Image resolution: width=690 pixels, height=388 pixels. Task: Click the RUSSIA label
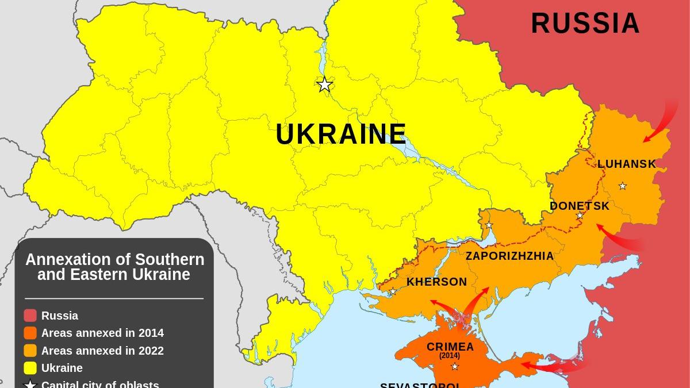point(585,24)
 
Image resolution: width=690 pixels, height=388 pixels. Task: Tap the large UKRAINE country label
point(341,135)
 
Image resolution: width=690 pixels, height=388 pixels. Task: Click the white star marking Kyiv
point(325,84)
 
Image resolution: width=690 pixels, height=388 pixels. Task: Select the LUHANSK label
point(626,164)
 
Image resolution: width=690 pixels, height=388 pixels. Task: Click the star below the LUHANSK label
point(622,186)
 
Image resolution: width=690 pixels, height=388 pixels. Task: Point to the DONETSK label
point(579,206)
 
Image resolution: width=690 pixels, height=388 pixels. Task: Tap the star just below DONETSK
point(580,216)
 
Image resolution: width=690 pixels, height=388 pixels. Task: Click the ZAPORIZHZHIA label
point(509,256)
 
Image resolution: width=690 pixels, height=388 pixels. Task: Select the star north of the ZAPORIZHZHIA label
point(489,225)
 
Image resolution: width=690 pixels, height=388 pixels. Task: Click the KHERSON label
point(436,282)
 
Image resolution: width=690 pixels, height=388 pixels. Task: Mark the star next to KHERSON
point(393,291)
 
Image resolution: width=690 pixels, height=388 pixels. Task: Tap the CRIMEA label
point(450,347)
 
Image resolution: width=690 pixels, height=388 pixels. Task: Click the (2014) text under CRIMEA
point(450,356)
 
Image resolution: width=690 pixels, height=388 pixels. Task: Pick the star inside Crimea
point(454,366)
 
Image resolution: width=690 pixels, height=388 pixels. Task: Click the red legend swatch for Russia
point(30,316)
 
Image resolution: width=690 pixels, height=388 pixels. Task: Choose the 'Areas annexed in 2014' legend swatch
point(30,333)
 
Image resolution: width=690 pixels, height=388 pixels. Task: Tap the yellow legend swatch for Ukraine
point(30,368)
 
